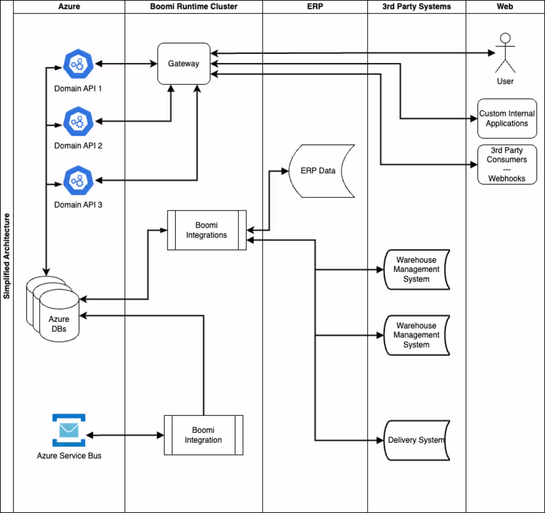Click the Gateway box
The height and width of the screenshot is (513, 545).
tap(183, 64)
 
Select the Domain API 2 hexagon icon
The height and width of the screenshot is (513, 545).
tap(78, 121)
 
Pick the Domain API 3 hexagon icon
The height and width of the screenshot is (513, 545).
tap(78, 180)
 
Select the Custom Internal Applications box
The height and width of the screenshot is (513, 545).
tap(507, 118)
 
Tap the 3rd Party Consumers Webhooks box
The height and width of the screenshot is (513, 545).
tap(507, 164)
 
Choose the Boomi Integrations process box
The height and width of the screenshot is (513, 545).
tap(207, 230)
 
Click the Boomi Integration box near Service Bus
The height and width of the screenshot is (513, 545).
tap(203, 435)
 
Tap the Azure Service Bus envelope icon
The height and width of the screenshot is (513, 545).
tap(69, 430)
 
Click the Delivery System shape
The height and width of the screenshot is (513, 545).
tap(416, 440)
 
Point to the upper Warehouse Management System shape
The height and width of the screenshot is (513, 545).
tap(416, 269)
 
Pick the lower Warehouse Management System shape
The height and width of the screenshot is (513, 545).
tap(416, 335)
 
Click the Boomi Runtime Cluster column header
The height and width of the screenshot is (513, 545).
tap(193, 6)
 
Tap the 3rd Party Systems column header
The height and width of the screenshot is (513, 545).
tap(416, 6)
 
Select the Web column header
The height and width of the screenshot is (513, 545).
tap(505, 6)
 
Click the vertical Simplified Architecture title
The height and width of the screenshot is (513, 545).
tap(6, 256)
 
